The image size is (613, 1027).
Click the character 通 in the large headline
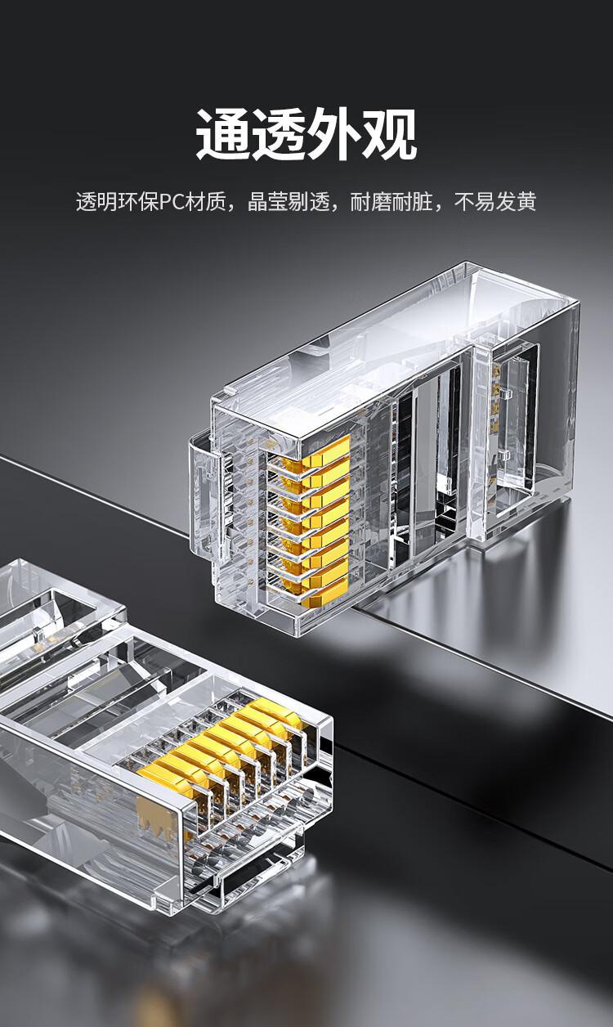coord(224,134)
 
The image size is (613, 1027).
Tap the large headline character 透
coord(279,134)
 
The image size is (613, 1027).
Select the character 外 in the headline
coord(334,134)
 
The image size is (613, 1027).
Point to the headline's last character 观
coord(390,134)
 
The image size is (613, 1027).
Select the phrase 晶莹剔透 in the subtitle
coord(289,202)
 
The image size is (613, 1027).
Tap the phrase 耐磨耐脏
coord(392,202)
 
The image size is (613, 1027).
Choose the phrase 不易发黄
coord(494,202)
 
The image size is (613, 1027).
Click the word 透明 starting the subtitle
coord(96,202)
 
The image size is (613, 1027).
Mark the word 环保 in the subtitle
coord(138,202)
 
